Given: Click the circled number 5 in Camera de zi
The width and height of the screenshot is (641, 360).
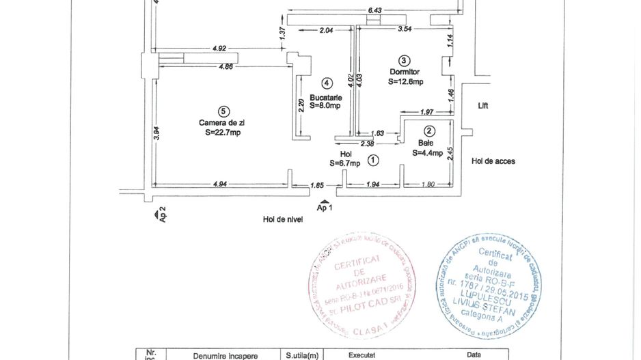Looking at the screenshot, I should [221, 111].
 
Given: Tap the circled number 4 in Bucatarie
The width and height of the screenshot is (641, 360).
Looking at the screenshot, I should [327, 83].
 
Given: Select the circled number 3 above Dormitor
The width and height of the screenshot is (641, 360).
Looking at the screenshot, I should [404, 60].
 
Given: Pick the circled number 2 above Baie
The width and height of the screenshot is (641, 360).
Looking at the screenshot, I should [429, 131].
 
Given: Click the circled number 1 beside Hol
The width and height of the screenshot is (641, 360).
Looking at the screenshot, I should [372, 161].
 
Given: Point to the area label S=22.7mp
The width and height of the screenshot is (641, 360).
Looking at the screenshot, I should [222, 133].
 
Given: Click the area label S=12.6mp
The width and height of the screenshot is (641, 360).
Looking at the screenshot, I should [405, 81].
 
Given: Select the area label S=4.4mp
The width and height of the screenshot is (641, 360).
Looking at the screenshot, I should [428, 154].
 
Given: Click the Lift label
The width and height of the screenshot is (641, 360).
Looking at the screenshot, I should [484, 106].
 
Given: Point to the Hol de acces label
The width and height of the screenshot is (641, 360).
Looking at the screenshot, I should [493, 161].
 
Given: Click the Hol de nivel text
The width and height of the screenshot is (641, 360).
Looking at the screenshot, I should [282, 219].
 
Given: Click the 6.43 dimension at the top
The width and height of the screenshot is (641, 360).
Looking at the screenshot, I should [374, 10].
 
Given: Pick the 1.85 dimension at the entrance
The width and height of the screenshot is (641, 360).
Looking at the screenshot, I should [316, 185].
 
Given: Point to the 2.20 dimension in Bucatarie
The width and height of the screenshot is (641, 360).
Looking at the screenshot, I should [301, 105].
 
